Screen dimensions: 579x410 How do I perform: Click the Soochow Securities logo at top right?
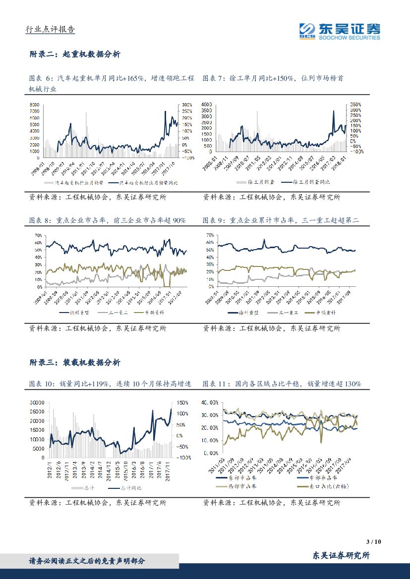point(340,31)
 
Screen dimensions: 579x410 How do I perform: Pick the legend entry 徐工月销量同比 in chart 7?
point(312,183)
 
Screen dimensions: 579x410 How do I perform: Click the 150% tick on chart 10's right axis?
point(182,402)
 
